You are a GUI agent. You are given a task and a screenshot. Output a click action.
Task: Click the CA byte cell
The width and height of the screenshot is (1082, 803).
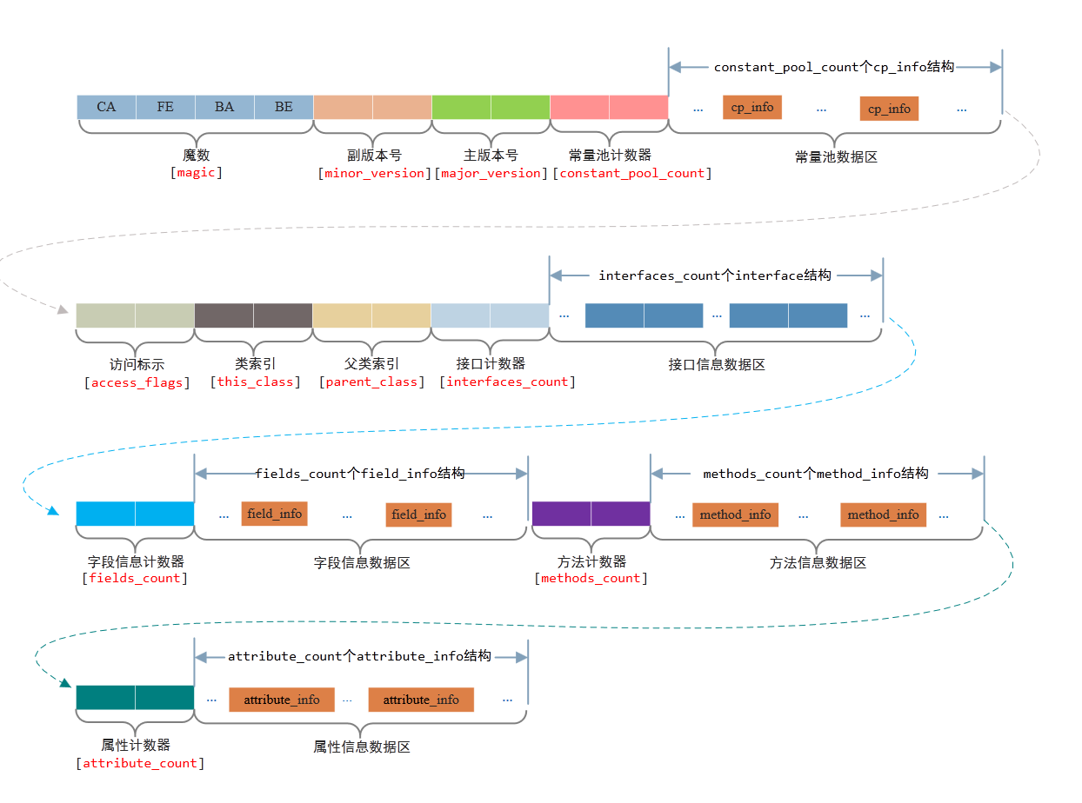[106, 107]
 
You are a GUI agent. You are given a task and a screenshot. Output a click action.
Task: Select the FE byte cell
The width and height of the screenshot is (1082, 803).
[165, 107]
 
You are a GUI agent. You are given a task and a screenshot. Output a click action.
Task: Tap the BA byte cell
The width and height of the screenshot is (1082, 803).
[224, 107]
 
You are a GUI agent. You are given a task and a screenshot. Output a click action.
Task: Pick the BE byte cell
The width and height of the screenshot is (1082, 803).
[284, 107]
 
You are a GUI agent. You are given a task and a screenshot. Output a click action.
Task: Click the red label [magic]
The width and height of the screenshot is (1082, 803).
[197, 173]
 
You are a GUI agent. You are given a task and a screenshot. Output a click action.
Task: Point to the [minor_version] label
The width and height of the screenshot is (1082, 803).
[375, 173]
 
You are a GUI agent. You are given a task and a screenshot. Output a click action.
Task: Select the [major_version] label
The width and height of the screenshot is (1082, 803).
[491, 173]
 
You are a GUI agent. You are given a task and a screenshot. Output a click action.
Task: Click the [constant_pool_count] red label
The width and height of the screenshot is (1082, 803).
[632, 173]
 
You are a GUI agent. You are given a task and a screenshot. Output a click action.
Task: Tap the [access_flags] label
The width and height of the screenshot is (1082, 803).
[137, 382]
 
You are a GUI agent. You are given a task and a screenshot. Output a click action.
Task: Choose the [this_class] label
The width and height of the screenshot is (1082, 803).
[255, 382]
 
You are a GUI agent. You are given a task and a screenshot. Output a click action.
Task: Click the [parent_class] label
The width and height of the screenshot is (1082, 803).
[372, 382]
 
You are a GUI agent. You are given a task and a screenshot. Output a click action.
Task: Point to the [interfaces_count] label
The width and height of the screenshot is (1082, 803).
[507, 382]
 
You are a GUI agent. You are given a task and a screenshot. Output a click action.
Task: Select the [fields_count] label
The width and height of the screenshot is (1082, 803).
[135, 579]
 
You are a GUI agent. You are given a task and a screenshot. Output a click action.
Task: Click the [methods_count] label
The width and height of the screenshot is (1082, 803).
[591, 579]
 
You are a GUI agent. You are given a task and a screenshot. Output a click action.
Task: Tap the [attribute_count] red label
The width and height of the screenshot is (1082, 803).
[141, 764]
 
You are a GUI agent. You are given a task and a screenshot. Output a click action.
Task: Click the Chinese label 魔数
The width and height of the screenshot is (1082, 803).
[197, 156]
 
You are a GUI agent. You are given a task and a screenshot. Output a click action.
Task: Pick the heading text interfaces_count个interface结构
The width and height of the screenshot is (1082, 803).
[715, 275]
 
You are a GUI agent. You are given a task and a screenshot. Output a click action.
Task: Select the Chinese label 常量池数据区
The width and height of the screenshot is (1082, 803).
[836, 157]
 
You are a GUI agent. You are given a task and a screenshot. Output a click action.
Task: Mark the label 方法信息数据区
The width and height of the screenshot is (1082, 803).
[818, 563]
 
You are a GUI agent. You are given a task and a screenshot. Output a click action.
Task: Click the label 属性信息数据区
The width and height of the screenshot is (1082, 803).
[361, 747]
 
